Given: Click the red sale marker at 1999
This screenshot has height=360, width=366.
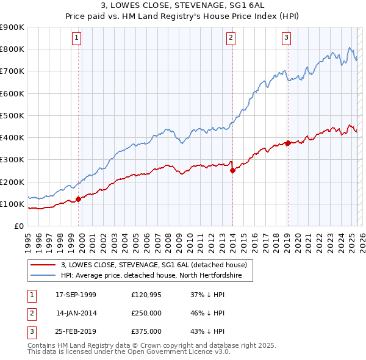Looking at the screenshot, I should [78, 199].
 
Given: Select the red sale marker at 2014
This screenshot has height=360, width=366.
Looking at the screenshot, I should [232, 171].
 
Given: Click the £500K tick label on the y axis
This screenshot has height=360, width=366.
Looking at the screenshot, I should [12, 115].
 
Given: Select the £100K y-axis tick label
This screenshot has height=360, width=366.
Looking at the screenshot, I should [12, 204].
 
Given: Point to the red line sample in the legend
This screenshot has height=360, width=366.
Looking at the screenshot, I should [43, 265].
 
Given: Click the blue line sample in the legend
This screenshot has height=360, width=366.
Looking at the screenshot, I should [43, 276].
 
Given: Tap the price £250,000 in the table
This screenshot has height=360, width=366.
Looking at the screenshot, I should [146, 313].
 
